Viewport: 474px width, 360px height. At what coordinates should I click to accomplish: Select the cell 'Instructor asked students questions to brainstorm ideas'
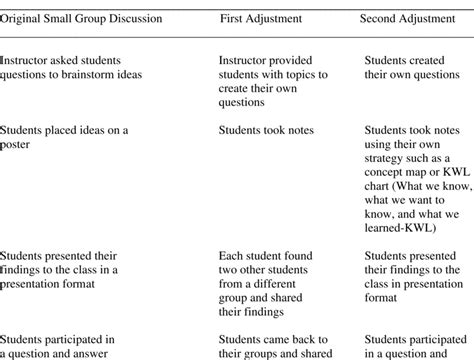tap(70, 67)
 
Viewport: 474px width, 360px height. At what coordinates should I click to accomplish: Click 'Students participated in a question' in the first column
tap(58, 346)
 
